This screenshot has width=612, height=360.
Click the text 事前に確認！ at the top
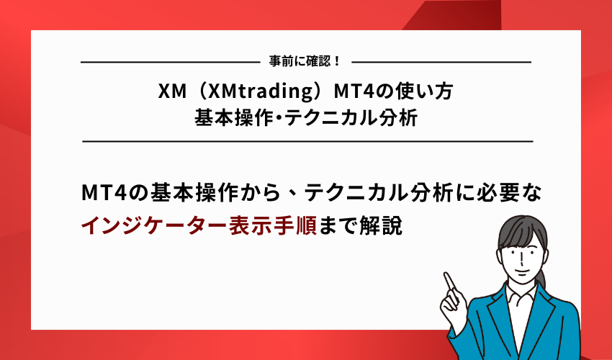click(x=306, y=63)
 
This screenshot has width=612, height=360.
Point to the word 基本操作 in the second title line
click(x=229, y=117)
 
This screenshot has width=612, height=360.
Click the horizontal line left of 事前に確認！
click(x=169, y=63)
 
